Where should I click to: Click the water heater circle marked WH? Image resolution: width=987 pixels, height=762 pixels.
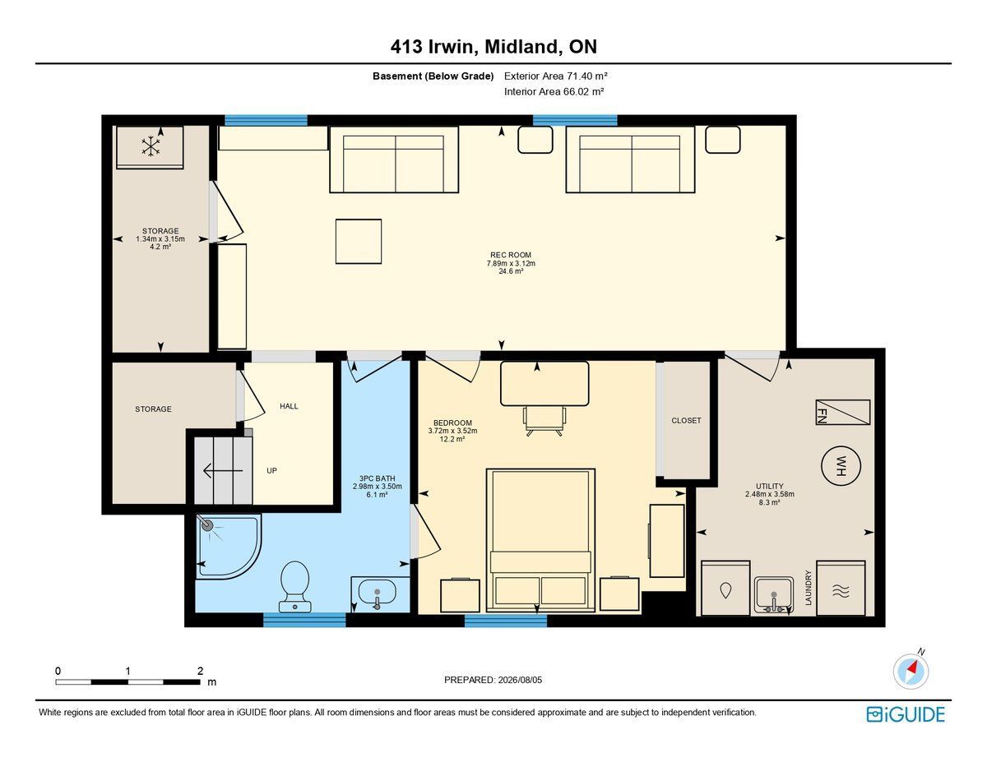(x=841, y=465)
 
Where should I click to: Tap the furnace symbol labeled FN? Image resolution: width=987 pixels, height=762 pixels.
(x=842, y=412)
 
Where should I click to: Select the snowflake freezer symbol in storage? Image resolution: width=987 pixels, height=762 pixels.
(x=151, y=146)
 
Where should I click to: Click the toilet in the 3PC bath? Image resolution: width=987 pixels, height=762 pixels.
(x=295, y=586)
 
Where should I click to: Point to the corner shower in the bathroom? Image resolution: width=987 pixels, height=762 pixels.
(x=229, y=547)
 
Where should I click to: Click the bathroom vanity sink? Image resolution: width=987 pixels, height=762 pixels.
(x=377, y=593)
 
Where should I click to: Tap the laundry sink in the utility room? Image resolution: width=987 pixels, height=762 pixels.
(x=773, y=594)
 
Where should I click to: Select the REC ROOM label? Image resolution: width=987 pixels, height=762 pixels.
(x=511, y=255)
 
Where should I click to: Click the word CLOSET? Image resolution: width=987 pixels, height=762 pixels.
(x=686, y=421)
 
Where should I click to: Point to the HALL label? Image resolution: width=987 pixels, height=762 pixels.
(x=289, y=406)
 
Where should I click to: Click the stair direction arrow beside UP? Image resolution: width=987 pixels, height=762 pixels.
(x=223, y=471)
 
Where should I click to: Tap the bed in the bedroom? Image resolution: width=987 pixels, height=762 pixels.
(x=540, y=540)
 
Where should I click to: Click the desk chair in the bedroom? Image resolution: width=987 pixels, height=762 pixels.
(x=544, y=421)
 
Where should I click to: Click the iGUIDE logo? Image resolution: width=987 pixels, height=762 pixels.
(x=906, y=714)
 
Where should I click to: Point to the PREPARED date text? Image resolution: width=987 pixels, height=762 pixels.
(x=493, y=680)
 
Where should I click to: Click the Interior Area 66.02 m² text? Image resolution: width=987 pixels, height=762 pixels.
(x=554, y=92)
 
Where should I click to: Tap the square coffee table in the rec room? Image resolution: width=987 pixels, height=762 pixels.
(x=359, y=242)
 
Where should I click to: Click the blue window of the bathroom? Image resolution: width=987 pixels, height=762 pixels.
(x=304, y=620)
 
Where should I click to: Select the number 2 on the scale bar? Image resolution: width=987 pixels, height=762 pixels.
(x=201, y=670)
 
